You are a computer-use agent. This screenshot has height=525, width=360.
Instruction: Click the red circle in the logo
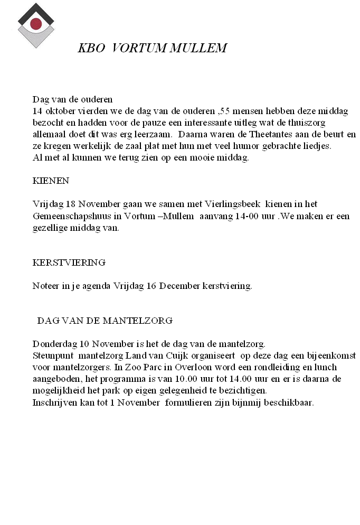(36, 23)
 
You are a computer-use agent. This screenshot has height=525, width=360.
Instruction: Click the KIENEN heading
(51, 181)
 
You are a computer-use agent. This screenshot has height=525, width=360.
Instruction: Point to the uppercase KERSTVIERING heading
(69, 262)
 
